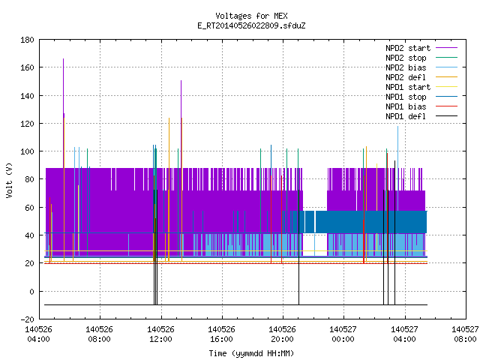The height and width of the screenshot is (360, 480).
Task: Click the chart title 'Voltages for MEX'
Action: click(x=251, y=16)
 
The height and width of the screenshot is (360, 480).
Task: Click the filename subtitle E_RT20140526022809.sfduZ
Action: click(x=251, y=25)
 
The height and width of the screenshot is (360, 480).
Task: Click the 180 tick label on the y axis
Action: click(x=27, y=40)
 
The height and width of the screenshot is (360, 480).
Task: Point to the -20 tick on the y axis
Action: click(x=27, y=319)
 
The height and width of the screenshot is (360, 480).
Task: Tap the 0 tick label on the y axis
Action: click(x=31, y=292)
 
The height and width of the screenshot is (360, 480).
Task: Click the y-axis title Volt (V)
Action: click(x=10, y=180)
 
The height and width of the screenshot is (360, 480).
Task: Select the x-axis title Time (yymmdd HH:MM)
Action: click(x=251, y=353)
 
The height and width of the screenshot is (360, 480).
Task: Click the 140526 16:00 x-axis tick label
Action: click(x=221, y=334)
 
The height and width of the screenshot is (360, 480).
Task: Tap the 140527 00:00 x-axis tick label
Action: click(x=343, y=334)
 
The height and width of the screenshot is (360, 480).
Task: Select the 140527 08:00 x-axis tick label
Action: click(x=465, y=334)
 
